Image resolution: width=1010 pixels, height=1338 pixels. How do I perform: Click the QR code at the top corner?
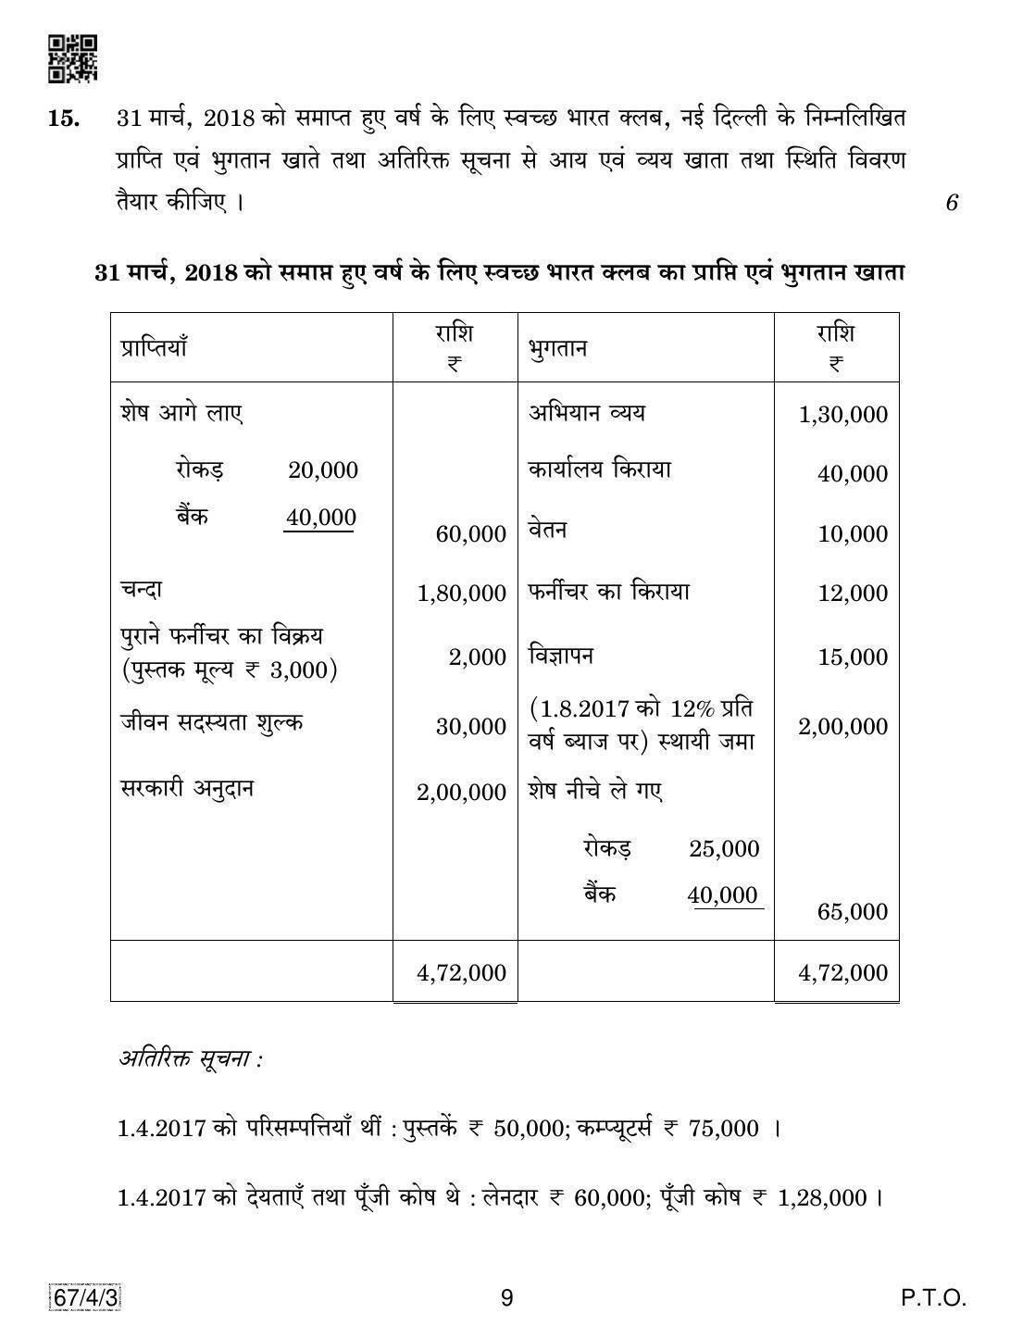(72, 58)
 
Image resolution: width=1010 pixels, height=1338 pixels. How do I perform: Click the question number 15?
(62, 119)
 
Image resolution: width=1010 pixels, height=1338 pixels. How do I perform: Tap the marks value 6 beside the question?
(951, 202)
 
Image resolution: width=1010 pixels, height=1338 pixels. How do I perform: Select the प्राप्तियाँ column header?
(154, 348)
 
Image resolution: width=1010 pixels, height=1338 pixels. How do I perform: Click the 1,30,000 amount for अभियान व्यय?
(842, 415)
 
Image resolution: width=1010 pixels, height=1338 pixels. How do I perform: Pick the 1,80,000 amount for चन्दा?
(461, 594)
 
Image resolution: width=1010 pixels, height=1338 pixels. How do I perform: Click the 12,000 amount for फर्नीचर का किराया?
(852, 594)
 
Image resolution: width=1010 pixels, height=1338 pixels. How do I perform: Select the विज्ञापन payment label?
(561, 656)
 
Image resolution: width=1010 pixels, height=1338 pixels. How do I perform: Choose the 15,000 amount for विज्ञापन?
(852, 657)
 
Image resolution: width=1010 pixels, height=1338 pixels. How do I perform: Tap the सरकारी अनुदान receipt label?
(187, 789)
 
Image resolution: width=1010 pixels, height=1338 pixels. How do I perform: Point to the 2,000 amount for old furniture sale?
(477, 657)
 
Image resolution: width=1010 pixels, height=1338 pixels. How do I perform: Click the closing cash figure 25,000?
(724, 849)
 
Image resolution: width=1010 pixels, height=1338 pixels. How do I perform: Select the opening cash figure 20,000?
(322, 470)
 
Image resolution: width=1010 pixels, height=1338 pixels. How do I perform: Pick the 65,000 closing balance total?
(852, 912)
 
